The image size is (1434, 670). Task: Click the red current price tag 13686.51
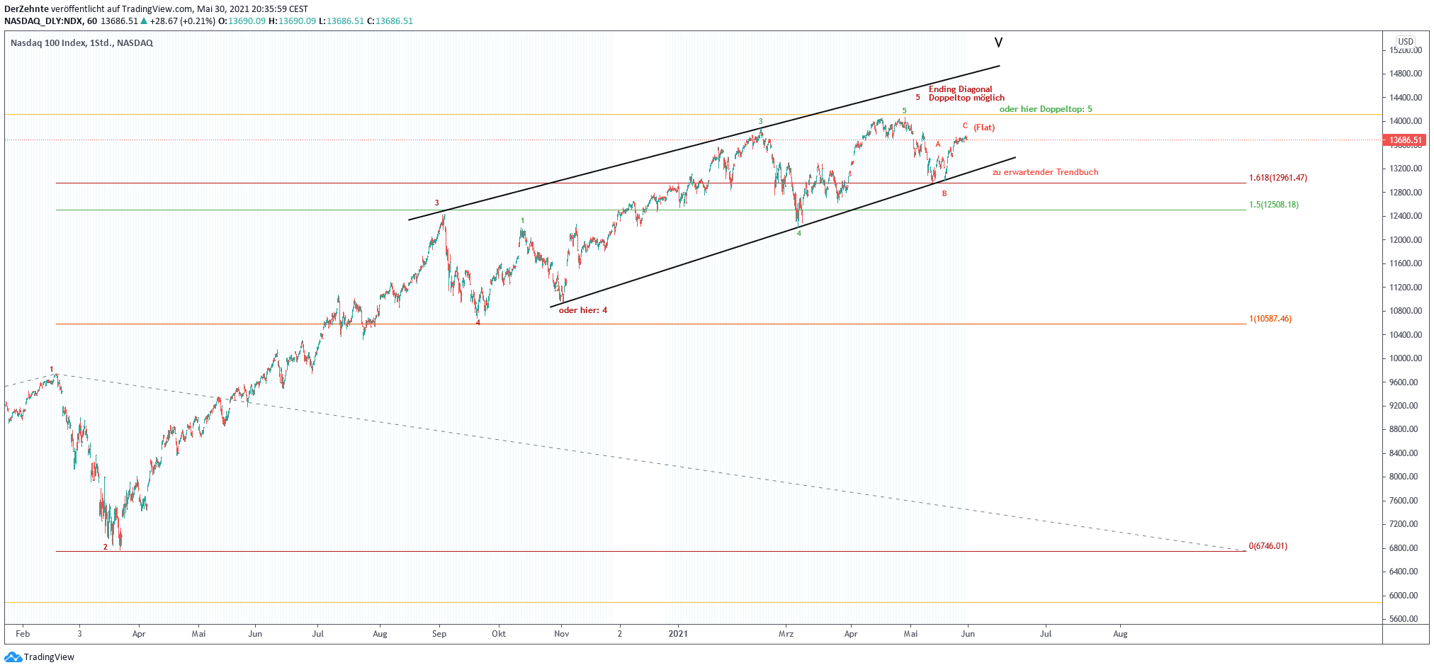pos(1405,140)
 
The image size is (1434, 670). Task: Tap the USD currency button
pos(1405,42)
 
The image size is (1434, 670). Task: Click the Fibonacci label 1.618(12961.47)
pos(1277,178)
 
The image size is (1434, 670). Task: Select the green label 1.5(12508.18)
pos(1273,205)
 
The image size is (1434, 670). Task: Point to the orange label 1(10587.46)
pos(1270,319)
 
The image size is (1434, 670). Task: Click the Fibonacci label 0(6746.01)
pos(1268,546)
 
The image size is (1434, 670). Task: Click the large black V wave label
pos(998,43)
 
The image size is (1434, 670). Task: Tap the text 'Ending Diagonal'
pos(960,89)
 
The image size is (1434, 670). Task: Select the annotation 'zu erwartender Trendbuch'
pos(1045,172)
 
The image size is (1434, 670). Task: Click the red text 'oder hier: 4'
pos(582,310)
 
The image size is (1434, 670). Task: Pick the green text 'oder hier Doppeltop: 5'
pos(1045,109)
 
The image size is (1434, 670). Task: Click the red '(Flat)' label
pos(984,127)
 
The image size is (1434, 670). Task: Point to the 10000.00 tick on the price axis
pos(1404,358)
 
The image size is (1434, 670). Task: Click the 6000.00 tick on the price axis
pos(1404,596)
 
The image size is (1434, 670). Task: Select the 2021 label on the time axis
pos(678,634)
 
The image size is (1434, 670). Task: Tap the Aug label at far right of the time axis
pos(1119,634)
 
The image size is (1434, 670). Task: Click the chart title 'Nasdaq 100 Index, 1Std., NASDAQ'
pos(81,43)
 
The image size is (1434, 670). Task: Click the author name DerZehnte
pos(26,9)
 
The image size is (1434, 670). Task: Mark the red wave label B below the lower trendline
pos(944,193)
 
